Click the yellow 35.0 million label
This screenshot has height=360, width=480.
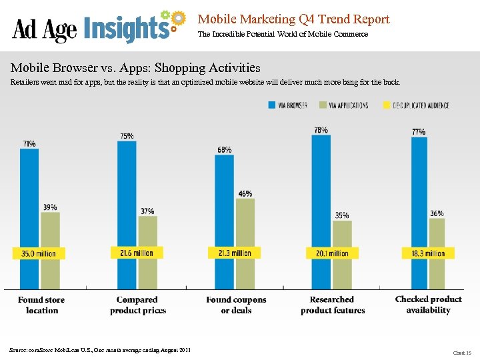[x=39, y=253]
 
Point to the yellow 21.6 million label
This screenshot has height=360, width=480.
[x=136, y=253]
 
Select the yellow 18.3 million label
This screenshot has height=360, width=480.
[x=428, y=253]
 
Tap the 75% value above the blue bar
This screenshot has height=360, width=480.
[x=127, y=136]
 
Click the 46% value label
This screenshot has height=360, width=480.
[x=245, y=193]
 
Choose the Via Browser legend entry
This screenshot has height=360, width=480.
[x=287, y=105]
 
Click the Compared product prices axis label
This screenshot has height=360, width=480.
[x=137, y=305]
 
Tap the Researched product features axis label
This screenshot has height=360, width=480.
[x=332, y=305]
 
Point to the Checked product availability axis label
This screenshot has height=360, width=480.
[x=428, y=304]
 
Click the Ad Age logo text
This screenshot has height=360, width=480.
[x=45, y=29]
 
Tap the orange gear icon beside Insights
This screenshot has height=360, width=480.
[x=177, y=19]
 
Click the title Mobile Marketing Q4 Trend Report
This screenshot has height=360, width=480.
[x=293, y=19]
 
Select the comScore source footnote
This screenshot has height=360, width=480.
[x=100, y=349]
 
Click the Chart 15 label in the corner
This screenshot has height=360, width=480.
[x=461, y=353]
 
